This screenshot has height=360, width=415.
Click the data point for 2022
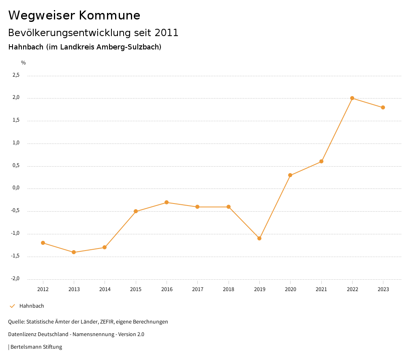(352, 98)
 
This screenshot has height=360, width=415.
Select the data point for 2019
(259, 238)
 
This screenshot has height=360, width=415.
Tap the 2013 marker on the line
(74, 252)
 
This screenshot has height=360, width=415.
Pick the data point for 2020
(290, 175)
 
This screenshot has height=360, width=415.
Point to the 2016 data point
(167, 202)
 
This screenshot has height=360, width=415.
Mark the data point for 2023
(383, 107)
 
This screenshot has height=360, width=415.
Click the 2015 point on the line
(136, 211)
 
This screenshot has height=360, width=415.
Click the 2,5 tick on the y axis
(16, 75)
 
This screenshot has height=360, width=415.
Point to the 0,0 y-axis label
(16, 188)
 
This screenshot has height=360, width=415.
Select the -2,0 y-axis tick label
(15, 279)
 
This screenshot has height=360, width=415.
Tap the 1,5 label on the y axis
(16, 120)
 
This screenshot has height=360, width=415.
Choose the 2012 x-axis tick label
(43, 289)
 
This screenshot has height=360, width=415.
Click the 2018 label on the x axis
(229, 289)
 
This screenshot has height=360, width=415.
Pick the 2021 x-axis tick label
(321, 289)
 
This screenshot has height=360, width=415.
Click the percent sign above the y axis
(24, 63)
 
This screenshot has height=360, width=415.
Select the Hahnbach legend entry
(32, 306)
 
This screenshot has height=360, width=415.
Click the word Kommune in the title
(109, 15)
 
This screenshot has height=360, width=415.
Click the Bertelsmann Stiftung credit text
(36, 347)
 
